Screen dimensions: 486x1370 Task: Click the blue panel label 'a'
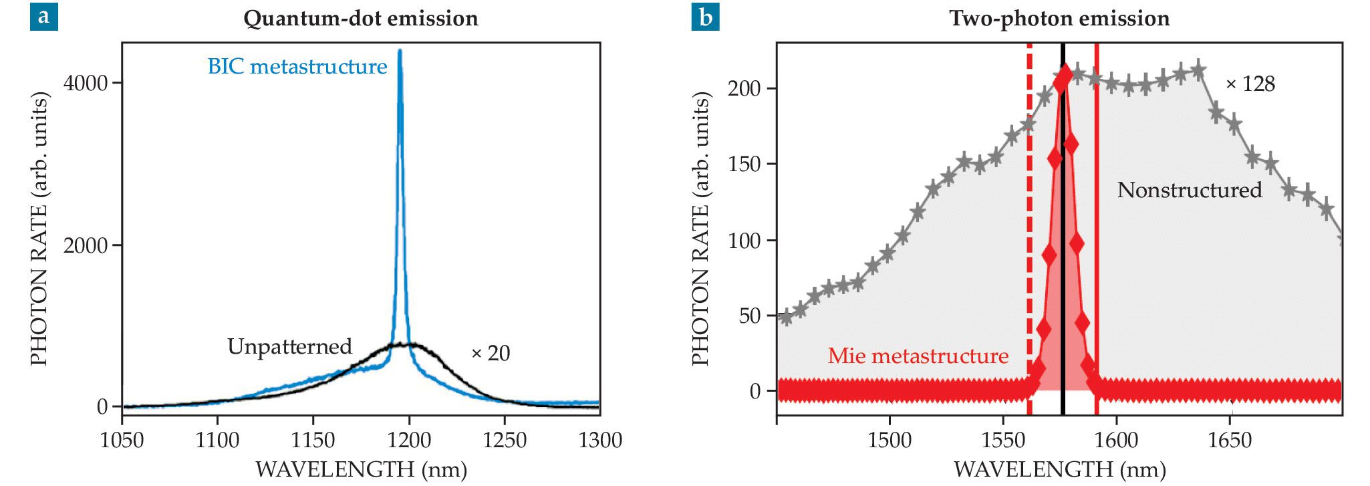[x=43, y=17]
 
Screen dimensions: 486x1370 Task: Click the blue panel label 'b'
[x=705, y=17]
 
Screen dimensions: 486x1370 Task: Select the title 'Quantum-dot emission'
[x=360, y=18]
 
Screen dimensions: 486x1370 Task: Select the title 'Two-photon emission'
[x=1059, y=18]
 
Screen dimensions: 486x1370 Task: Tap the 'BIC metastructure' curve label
[x=297, y=67]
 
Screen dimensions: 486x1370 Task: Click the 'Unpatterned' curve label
[x=289, y=346]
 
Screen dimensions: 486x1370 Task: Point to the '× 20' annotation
[x=491, y=353]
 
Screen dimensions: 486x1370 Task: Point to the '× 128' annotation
[x=1250, y=84]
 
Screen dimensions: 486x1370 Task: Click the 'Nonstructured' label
[x=1190, y=190]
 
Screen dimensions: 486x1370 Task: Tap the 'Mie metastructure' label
[x=918, y=356]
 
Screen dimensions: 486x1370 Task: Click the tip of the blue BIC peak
[x=400, y=51]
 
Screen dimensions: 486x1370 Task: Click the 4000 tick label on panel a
[x=85, y=83]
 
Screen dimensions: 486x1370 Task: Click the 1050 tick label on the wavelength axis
[x=122, y=441]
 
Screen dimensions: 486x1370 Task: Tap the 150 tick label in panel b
[x=744, y=164]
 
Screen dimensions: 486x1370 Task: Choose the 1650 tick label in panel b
[x=1230, y=441]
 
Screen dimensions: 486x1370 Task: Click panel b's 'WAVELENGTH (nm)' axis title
[x=1059, y=469]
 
